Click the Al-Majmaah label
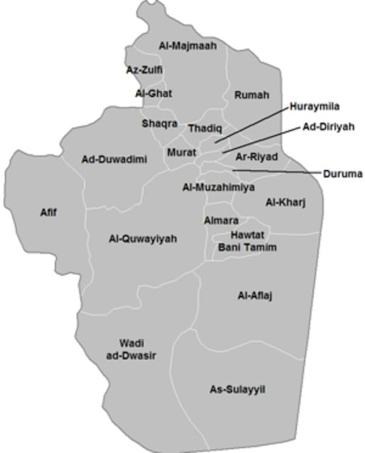pyautogui.click(x=187, y=46)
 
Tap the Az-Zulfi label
pyautogui.click(x=144, y=70)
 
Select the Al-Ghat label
pyautogui.click(x=153, y=94)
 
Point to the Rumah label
pyautogui.click(x=251, y=95)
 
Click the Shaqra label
pyautogui.click(x=159, y=123)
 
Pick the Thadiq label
pyautogui.click(x=205, y=129)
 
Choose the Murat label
pyautogui.click(x=182, y=152)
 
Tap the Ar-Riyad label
pyautogui.click(x=256, y=157)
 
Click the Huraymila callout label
pyautogui.click(x=315, y=107)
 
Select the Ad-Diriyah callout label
pyautogui.click(x=328, y=128)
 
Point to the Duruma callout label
pyautogui.click(x=342, y=174)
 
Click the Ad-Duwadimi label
pyautogui.click(x=114, y=160)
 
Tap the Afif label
pyautogui.click(x=48, y=213)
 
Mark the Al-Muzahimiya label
pyautogui.click(x=218, y=188)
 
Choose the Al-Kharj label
pyautogui.click(x=285, y=203)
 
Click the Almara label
pyautogui.click(x=221, y=221)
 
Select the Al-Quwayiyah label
pyautogui.click(x=143, y=239)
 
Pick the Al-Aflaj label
pyautogui.click(x=255, y=296)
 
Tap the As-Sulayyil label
pyautogui.click(x=237, y=389)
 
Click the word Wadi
pyautogui.click(x=131, y=343)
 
